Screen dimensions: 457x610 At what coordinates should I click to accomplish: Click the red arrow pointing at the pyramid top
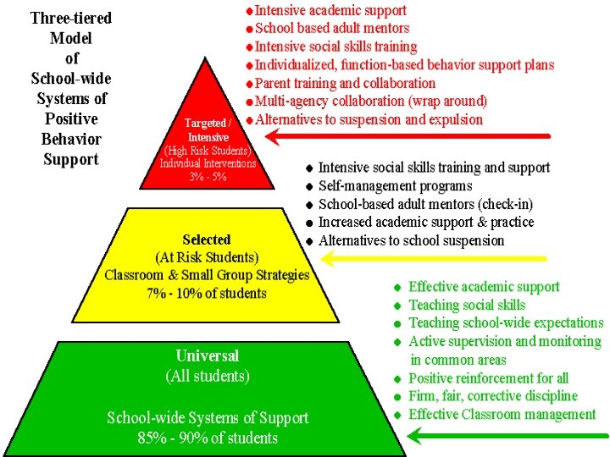coord(407,135)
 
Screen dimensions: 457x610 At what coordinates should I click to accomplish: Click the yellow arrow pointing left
coord(424,260)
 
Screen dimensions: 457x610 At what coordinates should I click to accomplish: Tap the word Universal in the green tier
coord(208,356)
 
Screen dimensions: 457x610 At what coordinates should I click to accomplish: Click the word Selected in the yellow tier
coord(207,240)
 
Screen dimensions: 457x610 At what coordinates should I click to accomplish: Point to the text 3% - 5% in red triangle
coord(208,177)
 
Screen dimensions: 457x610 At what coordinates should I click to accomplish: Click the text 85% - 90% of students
coord(208,438)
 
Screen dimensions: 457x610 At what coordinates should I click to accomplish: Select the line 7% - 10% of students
coord(208,294)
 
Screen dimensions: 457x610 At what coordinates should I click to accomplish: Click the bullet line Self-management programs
coord(395,186)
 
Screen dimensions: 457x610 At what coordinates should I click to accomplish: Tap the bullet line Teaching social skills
coord(467,305)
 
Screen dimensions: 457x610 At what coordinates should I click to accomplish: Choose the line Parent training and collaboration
coord(345,83)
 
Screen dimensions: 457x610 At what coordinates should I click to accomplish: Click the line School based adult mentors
coord(332,28)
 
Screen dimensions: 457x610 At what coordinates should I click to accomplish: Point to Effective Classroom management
coord(502,414)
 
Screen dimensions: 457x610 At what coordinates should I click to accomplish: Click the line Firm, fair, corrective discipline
coord(493,396)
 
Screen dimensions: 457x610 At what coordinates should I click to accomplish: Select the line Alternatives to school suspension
coord(411,240)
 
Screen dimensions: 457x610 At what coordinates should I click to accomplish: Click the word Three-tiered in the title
coord(71,18)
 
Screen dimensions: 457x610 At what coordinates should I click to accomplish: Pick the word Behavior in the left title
coord(71,139)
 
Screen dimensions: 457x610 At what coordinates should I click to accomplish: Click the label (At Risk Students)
coord(208,257)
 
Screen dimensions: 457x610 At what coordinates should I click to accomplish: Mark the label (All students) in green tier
coord(208,375)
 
